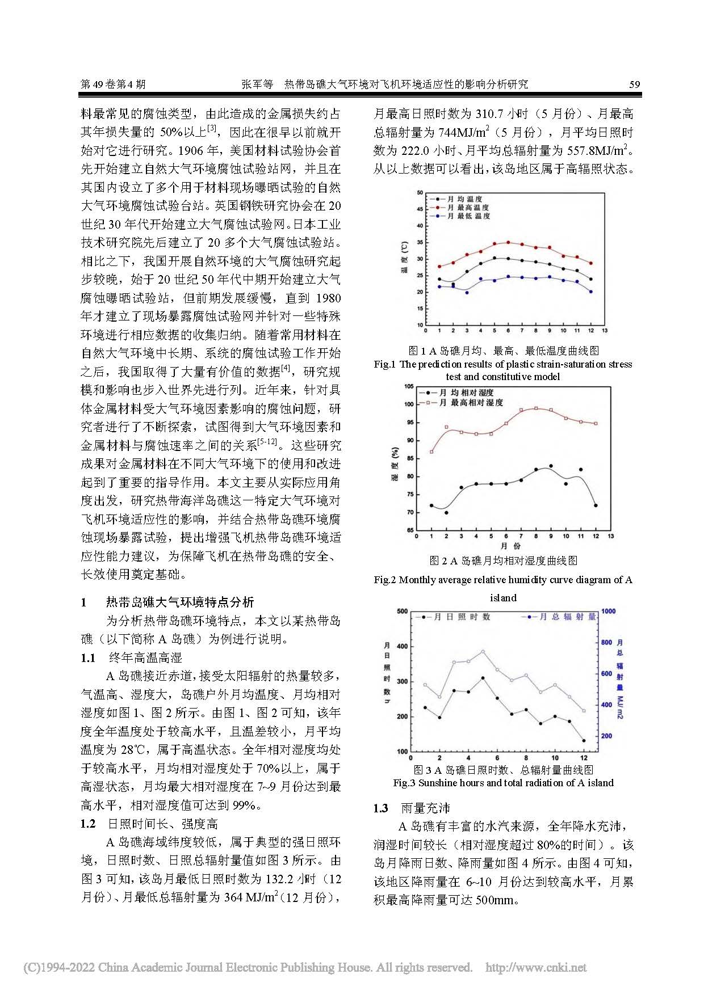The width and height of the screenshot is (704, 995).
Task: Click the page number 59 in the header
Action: point(634,85)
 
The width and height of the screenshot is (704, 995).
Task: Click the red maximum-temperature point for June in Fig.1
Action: point(508,242)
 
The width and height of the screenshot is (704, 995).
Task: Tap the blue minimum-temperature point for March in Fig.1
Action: point(467,292)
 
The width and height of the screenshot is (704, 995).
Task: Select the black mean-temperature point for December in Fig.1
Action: point(591,279)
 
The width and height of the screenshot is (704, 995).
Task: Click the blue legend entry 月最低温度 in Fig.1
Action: point(468,216)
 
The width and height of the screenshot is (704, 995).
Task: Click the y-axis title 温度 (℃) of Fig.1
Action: point(404,258)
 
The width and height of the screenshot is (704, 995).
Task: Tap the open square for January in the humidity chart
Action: point(431,452)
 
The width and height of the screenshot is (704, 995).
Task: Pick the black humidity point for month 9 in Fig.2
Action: point(551,466)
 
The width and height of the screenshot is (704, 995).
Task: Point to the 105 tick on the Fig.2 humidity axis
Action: point(408,387)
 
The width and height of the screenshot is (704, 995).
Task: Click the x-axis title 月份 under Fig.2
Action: point(510,546)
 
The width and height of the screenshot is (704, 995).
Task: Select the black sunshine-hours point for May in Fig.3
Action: point(483,678)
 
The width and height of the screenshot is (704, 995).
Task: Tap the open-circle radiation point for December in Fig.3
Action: point(584,711)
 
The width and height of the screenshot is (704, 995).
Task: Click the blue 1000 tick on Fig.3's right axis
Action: point(608,611)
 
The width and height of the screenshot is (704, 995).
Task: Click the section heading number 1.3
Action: point(381,808)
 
